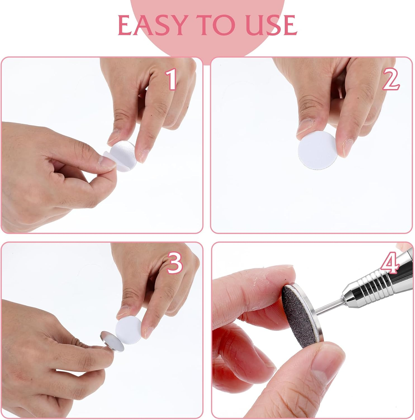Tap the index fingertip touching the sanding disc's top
pyautogui.click(x=282, y=276)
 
